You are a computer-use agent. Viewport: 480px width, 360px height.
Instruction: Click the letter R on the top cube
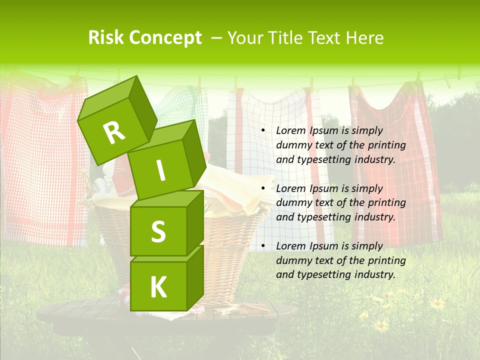point(114,132)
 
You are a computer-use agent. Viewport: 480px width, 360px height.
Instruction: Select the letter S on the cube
point(158,231)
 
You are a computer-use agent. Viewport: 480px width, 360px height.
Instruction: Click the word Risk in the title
point(106,38)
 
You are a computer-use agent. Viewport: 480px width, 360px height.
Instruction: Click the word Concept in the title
point(165,38)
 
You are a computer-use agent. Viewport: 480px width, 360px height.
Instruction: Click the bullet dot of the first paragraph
point(263,131)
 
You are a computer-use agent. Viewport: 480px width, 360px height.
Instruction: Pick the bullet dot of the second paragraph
point(263,188)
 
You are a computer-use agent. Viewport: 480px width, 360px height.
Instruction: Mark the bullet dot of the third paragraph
point(263,246)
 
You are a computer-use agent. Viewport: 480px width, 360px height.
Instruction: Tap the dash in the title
point(217,38)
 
